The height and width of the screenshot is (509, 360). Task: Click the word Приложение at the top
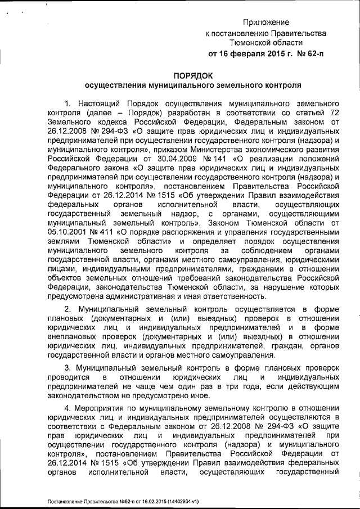click(266, 22)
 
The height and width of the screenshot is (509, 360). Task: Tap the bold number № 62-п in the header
click(308, 55)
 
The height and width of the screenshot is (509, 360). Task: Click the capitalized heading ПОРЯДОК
click(192, 76)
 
